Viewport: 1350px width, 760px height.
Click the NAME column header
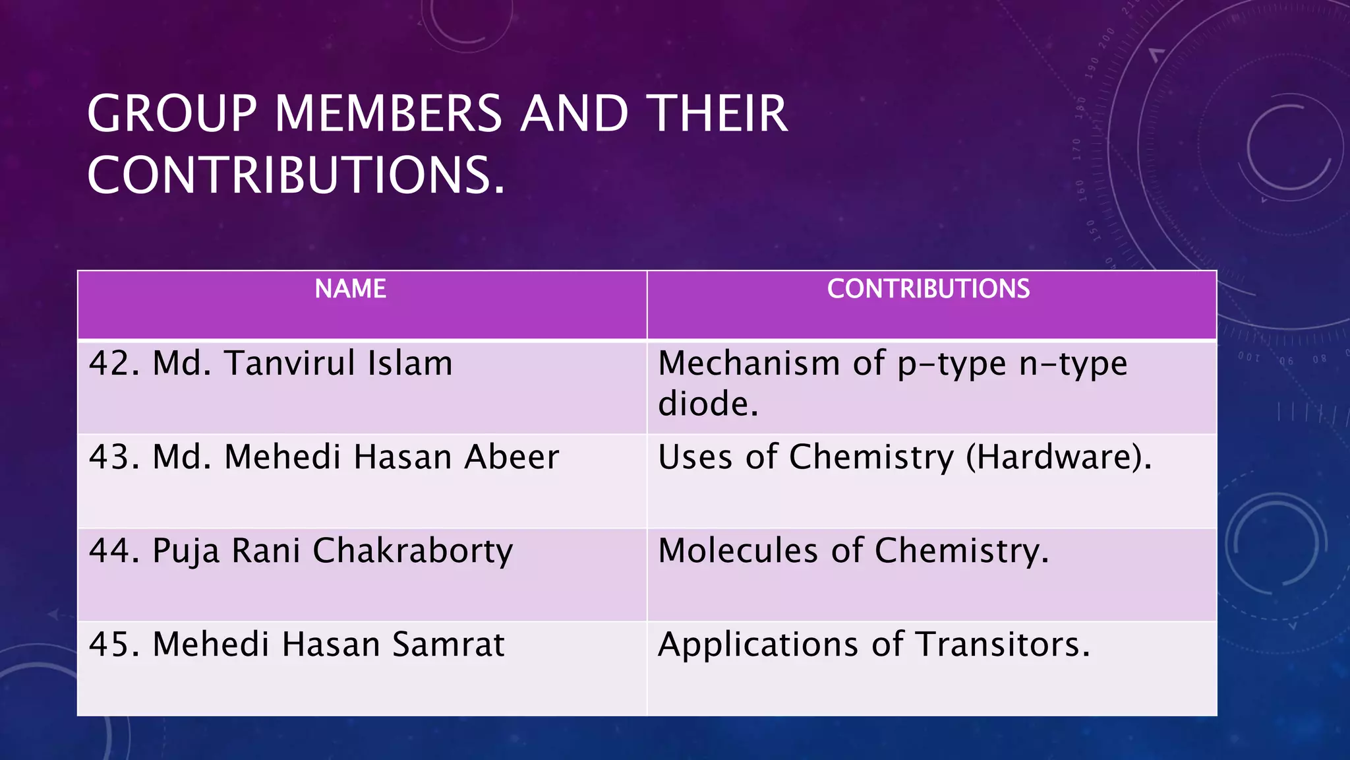click(350, 289)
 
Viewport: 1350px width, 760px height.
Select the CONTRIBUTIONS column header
click(928, 289)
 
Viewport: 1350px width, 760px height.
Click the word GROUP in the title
click(171, 113)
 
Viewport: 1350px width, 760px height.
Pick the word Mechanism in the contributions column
click(749, 364)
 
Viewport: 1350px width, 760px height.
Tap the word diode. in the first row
click(708, 404)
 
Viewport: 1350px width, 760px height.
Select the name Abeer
click(512, 457)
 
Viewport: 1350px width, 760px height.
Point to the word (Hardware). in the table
click(1059, 457)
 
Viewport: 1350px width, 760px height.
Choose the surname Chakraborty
click(413, 552)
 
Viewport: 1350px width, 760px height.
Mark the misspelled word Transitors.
click(1003, 645)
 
